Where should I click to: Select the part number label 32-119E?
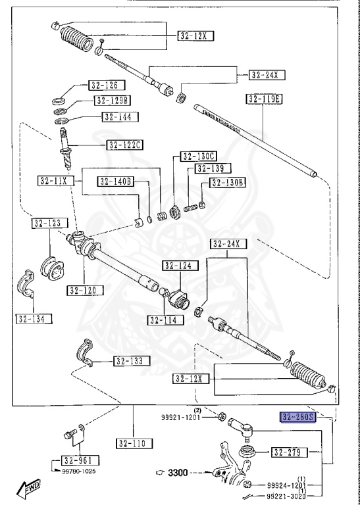tap(264, 99)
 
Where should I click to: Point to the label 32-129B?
tap(113, 101)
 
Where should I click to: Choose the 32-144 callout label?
tap(116, 116)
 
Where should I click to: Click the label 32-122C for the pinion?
tap(126, 145)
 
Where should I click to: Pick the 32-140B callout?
tap(116, 181)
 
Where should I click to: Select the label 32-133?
tap(131, 361)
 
